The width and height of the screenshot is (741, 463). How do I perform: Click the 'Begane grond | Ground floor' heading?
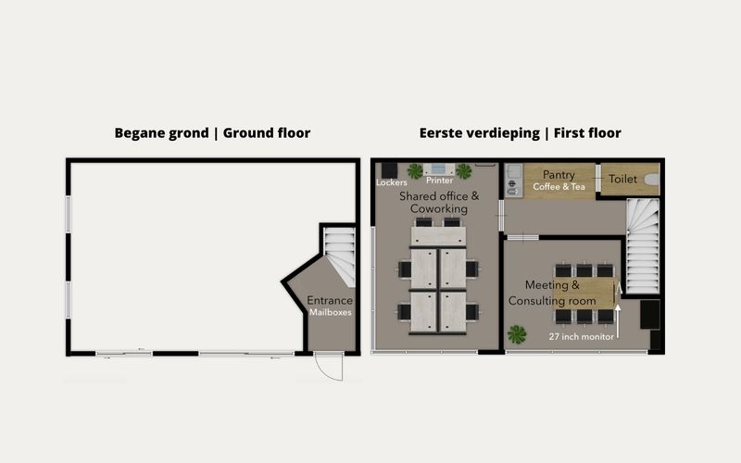click(x=212, y=133)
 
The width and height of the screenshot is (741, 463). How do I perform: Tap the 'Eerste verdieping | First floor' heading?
click(x=520, y=133)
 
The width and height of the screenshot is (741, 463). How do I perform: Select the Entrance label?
click(x=330, y=300)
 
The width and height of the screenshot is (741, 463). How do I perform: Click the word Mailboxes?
click(x=331, y=312)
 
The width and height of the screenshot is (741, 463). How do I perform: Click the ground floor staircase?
click(x=339, y=257)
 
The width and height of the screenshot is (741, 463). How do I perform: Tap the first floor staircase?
click(x=643, y=245)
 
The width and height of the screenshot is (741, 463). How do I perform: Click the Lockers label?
click(x=391, y=182)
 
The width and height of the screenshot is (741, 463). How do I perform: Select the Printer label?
click(x=439, y=181)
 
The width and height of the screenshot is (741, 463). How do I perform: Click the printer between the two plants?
click(x=439, y=169)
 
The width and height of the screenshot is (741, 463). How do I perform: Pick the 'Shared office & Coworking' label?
click(x=439, y=202)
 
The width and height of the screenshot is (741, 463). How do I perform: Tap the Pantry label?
click(x=559, y=175)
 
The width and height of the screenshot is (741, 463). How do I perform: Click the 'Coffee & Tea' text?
click(x=559, y=187)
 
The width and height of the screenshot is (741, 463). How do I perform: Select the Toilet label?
click(x=622, y=179)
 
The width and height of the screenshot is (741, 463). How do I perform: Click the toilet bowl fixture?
click(x=652, y=180)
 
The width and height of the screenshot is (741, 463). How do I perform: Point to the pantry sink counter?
click(x=514, y=181)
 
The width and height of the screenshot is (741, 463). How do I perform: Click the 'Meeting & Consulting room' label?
click(x=552, y=293)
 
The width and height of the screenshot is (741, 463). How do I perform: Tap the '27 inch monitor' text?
click(x=582, y=336)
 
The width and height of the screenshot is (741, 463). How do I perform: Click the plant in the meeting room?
click(x=517, y=334)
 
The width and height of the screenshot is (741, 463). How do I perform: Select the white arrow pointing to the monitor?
click(x=618, y=322)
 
